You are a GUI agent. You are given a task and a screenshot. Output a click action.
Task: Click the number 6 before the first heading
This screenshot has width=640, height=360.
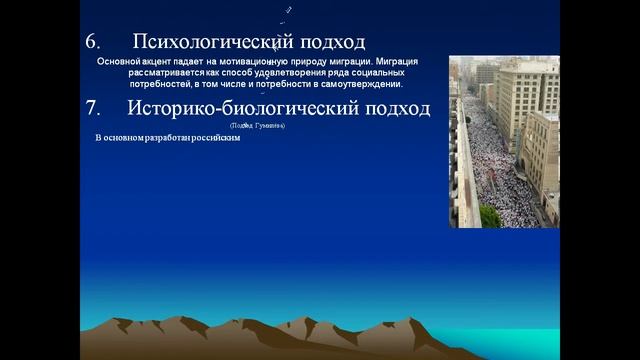click(x=92, y=42)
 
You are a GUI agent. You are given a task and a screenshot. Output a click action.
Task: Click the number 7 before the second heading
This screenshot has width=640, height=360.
click(x=92, y=108)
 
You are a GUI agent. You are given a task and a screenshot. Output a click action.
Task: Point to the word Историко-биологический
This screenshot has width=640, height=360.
click(x=249, y=108)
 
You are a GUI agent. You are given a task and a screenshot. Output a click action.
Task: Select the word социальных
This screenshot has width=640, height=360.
click(x=376, y=74)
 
